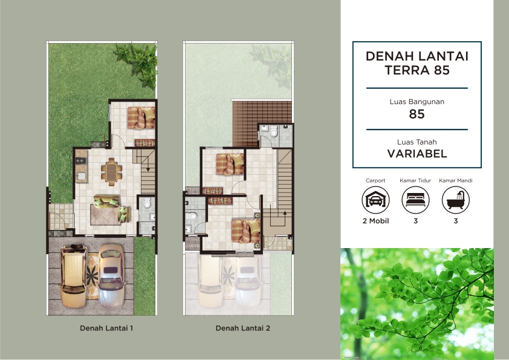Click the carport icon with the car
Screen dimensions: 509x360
375,200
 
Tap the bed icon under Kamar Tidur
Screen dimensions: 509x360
415,200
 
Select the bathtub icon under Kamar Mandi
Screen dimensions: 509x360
456,200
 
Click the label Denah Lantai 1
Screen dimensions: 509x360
106,328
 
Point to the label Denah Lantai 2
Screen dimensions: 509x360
243,328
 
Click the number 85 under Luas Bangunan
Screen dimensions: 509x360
417,114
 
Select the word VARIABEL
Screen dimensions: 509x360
417,154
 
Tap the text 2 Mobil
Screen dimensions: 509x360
375,221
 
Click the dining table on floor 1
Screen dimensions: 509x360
112,172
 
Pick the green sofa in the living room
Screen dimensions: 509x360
112,208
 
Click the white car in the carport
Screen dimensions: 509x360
111,275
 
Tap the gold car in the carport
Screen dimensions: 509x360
74,276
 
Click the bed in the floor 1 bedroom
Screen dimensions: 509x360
141,117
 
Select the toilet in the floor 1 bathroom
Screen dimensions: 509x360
147,203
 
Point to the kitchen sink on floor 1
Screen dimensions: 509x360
81,177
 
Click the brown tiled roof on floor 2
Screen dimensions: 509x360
262,123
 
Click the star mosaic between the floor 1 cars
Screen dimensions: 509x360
92,275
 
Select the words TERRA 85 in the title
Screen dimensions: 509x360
417,70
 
